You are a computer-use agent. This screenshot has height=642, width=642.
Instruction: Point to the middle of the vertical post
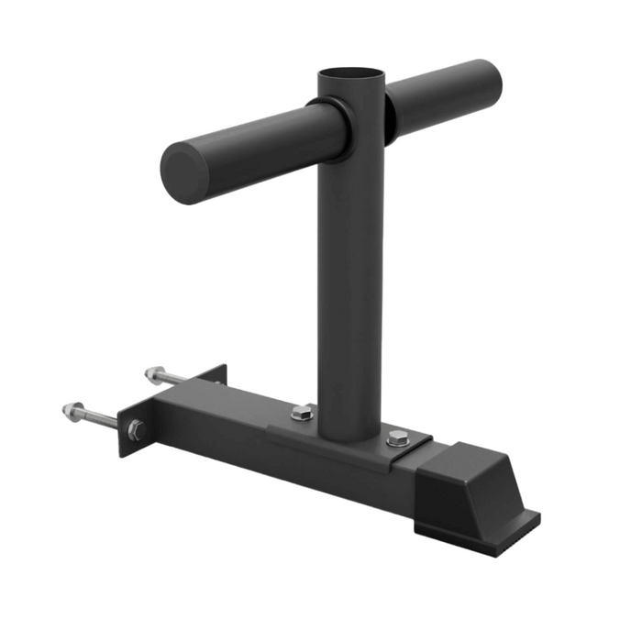click(349, 275)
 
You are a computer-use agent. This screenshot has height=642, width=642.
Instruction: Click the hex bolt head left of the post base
click(303, 414)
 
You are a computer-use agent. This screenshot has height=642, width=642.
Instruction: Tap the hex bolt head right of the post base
click(396, 437)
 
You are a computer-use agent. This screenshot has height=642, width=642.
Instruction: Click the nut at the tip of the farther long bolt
click(152, 373)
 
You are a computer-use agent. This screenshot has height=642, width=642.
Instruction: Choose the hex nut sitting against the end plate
click(136, 428)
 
